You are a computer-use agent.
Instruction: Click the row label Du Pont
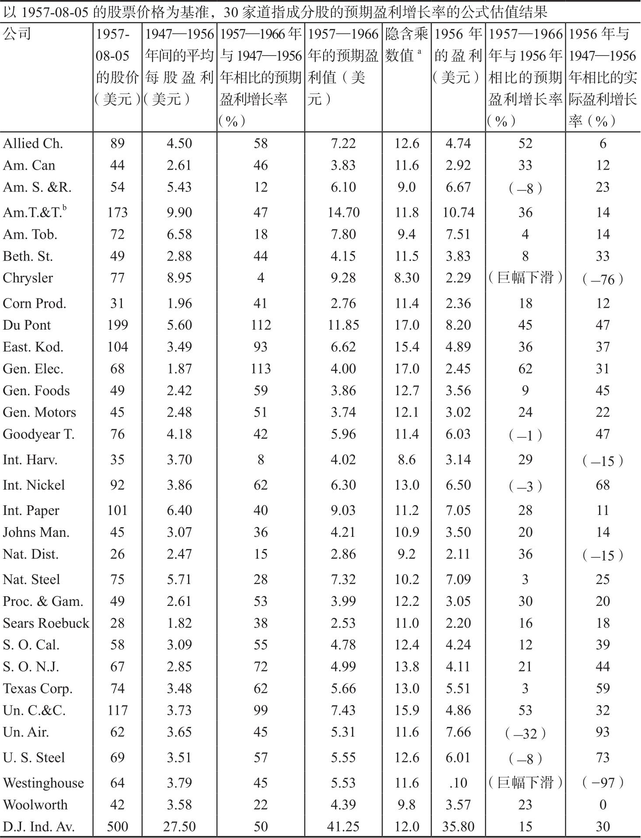pos(27,325)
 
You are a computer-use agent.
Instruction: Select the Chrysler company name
pos(28,278)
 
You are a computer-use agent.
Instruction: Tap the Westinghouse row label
pos(43,782)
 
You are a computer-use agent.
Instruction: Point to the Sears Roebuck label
pos(46,622)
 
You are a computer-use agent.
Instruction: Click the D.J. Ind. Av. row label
pos(39,826)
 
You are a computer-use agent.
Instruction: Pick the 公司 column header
pos(17,34)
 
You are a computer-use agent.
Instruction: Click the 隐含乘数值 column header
pos(406,45)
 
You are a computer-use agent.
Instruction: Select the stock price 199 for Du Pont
pos(117,325)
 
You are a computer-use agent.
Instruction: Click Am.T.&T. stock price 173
pos(117,212)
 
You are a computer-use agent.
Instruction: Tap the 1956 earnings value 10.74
pos(458,212)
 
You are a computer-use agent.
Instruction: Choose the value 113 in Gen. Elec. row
pos(261,369)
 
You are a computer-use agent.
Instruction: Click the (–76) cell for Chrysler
pos(603,279)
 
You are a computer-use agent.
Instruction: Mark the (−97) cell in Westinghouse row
pos(603,782)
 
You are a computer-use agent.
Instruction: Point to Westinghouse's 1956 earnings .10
pos(458,782)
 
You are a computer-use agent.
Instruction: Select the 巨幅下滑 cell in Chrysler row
pos(525,278)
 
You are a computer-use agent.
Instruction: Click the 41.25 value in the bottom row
pos(343,826)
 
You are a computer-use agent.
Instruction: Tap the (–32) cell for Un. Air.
pos(525,733)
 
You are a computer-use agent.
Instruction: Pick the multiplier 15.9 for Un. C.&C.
pos(407,710)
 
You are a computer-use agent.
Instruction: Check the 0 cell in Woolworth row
pos(603,804)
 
